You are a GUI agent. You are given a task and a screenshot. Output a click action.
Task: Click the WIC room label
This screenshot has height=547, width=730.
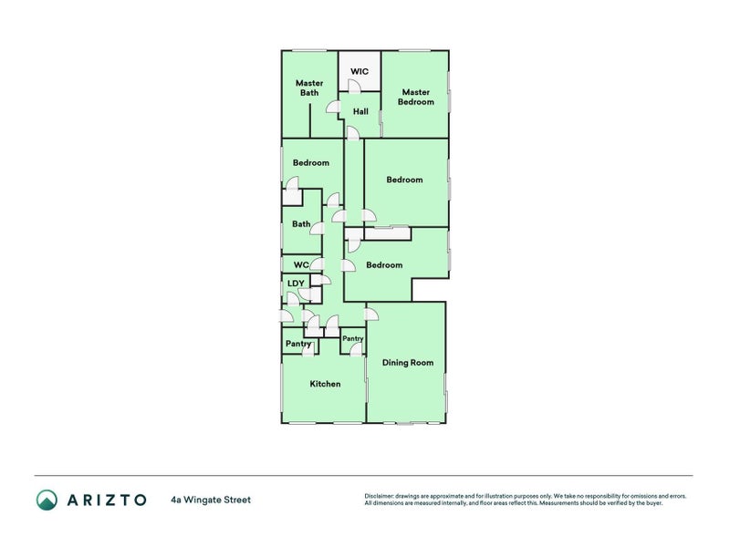360,70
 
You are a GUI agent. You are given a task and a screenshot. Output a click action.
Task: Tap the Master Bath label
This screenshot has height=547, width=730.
309,88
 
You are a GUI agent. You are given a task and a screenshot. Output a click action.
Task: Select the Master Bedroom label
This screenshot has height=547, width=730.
415,97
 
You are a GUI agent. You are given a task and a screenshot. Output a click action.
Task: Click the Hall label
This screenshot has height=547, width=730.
360,111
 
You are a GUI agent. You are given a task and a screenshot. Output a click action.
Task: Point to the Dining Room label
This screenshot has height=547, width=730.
407,363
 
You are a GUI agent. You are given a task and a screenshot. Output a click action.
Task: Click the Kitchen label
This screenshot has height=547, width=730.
325,384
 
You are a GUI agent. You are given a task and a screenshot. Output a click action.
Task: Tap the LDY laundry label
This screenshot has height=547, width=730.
295,284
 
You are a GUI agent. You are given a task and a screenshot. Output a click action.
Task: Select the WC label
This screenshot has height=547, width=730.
301,264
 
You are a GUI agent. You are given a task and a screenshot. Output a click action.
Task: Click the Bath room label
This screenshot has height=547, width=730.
301,224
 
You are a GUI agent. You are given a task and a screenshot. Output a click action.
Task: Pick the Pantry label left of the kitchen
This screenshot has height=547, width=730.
298,344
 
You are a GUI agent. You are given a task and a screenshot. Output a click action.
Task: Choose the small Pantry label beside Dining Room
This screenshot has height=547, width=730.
352,338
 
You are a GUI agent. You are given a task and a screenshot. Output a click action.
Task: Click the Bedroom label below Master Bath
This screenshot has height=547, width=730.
310,163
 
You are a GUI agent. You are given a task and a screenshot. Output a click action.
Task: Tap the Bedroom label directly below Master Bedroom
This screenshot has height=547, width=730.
404,180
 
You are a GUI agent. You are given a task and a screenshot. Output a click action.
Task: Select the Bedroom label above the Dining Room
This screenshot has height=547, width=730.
384,265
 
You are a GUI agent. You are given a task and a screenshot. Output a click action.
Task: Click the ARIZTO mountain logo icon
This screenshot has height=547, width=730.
47,500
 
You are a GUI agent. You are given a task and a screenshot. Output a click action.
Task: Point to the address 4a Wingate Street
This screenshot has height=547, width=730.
210,500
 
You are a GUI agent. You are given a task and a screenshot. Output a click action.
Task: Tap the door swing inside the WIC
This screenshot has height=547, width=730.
354,86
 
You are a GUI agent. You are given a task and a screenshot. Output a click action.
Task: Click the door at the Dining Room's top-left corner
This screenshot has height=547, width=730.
370,315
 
